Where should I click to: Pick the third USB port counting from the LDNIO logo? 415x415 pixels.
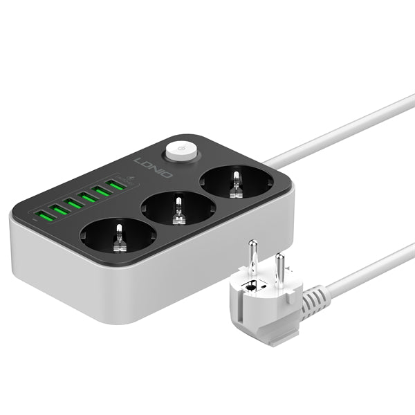pos(87,197)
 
